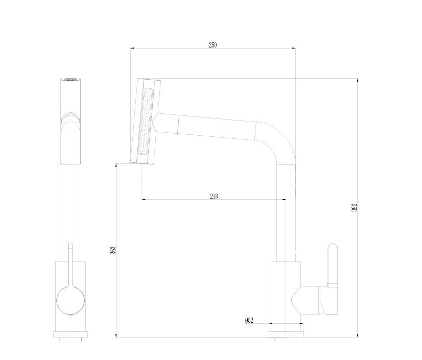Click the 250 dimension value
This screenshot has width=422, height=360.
213,44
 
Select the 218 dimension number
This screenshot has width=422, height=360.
214,197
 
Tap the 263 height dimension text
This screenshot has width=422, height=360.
113,250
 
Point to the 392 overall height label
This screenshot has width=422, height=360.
354,207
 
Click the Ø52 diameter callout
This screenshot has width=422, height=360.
249,320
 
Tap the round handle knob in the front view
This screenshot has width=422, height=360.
71,300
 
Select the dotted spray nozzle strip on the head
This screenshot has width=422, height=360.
145,122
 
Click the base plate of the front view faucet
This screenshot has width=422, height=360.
286,330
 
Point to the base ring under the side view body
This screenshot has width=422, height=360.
71,334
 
